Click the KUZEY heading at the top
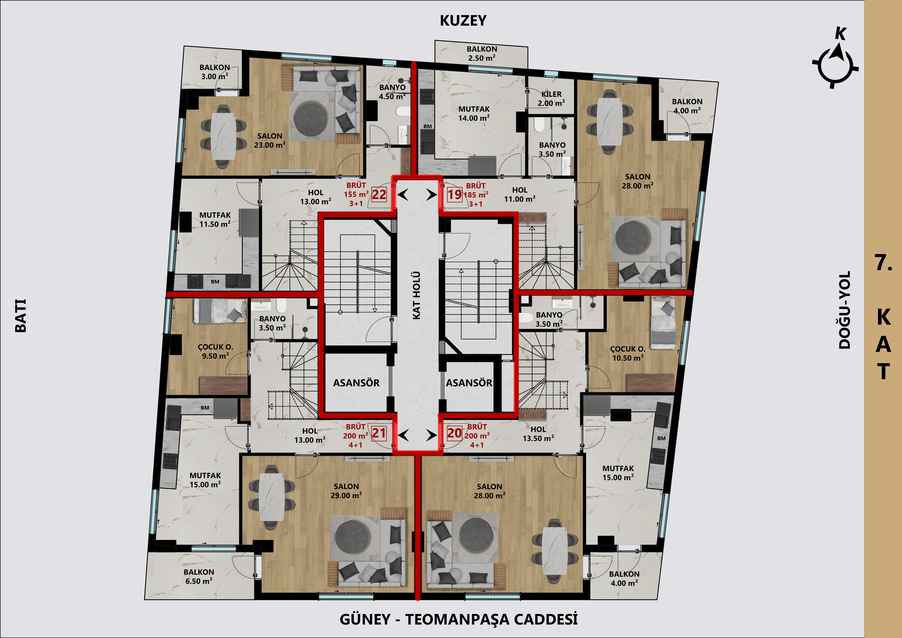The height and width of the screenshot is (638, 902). tap(463, 20)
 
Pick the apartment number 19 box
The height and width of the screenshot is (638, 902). tap(455, 194)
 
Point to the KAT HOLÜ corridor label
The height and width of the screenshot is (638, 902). tap(416, 295)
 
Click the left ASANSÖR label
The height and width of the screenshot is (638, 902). tap(356, 383)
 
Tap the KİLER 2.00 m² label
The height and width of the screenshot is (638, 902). tap(552, 99)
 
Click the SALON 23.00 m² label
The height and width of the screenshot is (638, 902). tap(269, 140)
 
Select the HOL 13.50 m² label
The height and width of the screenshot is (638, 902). tap(538, 434)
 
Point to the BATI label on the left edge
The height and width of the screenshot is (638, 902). tap(20, 316)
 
